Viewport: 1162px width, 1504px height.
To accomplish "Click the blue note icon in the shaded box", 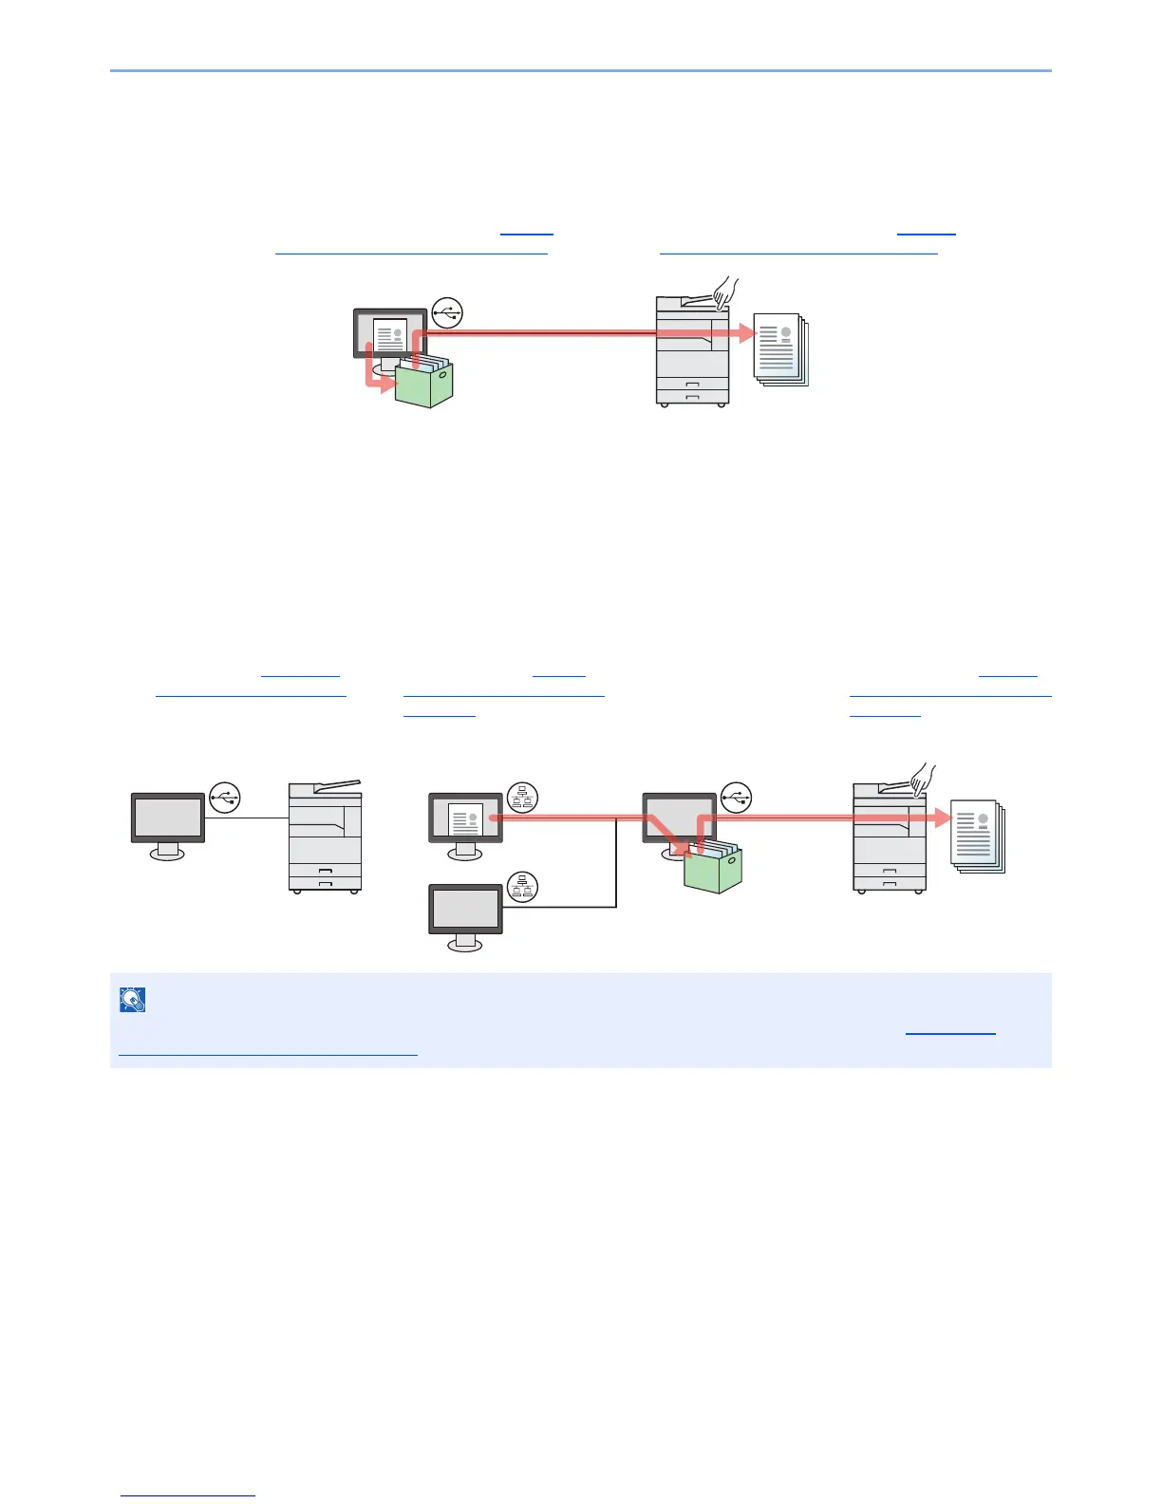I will pos(133,999).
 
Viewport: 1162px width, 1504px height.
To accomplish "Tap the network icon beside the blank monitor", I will pos(522,887).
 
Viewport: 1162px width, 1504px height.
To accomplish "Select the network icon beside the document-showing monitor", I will pos(522,798).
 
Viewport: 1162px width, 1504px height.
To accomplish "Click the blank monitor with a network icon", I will pos(465,911).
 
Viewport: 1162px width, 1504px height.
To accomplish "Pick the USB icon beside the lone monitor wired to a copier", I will pos(225,798).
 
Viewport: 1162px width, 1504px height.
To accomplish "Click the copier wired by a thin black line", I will pos(325,837).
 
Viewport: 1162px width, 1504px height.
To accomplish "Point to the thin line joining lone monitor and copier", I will pos(247,818).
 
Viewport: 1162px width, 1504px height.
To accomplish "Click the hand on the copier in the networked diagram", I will pos(922,780).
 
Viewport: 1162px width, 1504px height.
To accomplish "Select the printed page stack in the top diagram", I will pos(780,350).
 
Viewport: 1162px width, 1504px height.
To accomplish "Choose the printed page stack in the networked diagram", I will pos(978,837).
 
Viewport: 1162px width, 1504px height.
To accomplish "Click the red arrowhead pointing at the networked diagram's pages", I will pos(942,818).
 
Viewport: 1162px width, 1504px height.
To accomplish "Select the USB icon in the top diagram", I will pos(447,312).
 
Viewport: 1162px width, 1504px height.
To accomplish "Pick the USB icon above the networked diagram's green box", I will pos(736,798).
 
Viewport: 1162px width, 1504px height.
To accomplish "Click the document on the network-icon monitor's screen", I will pos(465,818).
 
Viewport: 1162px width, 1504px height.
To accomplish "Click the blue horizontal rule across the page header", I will pos(581,70).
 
